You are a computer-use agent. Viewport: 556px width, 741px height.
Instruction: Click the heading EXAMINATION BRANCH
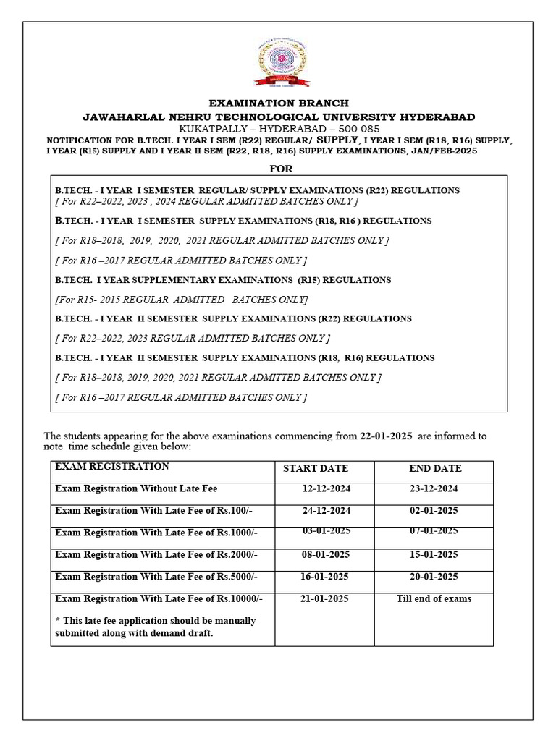point(279,103)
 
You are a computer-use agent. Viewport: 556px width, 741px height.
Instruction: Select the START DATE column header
point(315,469)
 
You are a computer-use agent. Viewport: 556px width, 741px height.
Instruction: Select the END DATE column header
point(435,469)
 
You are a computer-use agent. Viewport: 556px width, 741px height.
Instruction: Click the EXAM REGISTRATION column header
point(112,467)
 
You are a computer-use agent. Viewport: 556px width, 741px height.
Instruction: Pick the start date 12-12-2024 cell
point(326,489)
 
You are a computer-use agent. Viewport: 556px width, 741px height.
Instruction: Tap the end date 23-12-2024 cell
point(434,489)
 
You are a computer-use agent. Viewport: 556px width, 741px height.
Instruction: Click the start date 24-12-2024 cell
point(326,511)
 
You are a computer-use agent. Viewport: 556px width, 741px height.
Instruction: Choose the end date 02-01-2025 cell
point(434,511)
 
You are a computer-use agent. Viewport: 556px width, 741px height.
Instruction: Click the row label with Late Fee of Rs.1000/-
point(156,533)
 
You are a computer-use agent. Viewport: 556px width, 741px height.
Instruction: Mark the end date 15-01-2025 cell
point(434,555)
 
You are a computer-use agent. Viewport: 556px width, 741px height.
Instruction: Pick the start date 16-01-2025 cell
point(324,577)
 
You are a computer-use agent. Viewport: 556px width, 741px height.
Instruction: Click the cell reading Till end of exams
point(434,598)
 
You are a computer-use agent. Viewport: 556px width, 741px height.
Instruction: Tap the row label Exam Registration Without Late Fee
point(136,489)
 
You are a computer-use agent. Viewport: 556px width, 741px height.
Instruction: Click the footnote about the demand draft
point(156,627)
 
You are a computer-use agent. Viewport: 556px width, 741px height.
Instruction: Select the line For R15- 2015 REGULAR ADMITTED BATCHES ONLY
point(182,300)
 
